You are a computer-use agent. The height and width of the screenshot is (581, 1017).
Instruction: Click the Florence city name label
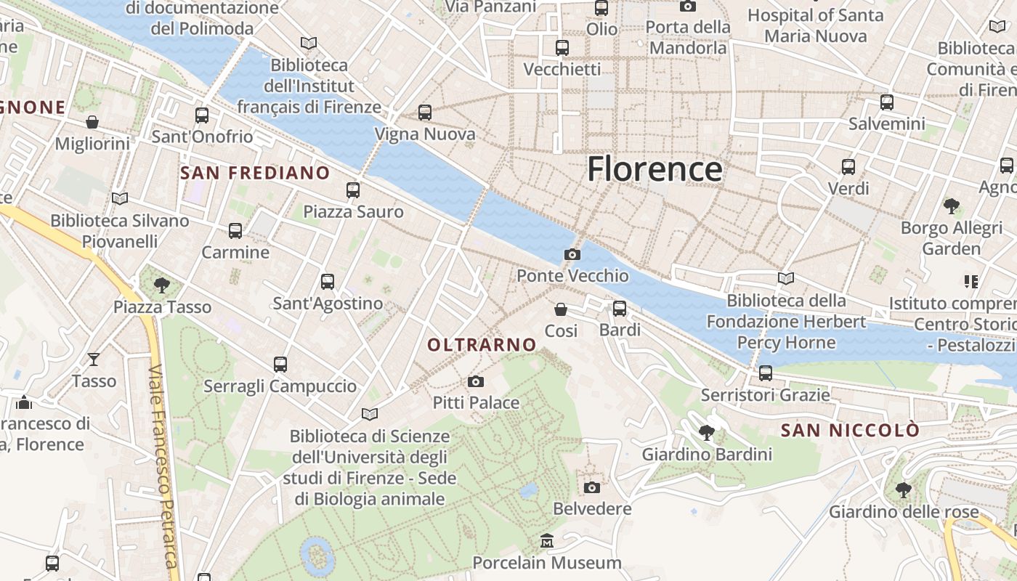(655, 168)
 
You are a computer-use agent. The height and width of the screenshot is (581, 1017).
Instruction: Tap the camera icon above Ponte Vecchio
(572, 254)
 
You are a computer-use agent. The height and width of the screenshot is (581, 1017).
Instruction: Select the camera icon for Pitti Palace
(476, 381)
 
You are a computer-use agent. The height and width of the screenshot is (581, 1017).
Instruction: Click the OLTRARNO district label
(482, 345)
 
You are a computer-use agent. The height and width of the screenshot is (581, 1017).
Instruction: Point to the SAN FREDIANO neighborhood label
(255, 173)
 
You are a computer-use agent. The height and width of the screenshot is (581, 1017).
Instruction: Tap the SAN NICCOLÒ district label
(850, 430)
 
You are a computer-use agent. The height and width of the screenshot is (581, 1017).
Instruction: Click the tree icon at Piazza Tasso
(162, 285)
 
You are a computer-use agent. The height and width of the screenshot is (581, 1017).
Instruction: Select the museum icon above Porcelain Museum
(547, 541)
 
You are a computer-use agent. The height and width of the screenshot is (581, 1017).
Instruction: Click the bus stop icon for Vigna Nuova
(425, 113)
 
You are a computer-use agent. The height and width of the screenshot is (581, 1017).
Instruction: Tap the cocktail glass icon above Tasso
(94, 359)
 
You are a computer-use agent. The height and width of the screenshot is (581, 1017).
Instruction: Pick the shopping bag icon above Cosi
(561, 309)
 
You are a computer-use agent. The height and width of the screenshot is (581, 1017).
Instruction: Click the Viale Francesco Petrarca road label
(163, 465)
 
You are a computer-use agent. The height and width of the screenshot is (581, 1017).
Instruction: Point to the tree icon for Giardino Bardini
(706, 434)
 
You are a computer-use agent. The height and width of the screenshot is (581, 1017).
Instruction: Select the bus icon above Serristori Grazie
(766, 373)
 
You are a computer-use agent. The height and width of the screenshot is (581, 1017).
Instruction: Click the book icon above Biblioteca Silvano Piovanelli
(120, 198)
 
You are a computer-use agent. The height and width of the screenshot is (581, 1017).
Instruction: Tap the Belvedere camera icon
(592, 487)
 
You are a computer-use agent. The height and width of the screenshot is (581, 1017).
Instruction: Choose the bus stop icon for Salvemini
(887, 102)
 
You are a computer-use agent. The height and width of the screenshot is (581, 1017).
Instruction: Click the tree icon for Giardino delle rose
(904, 490)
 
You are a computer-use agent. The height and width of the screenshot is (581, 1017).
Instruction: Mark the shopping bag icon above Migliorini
(92, 121)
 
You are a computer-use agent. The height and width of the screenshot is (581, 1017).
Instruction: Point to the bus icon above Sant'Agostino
(328, 282)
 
